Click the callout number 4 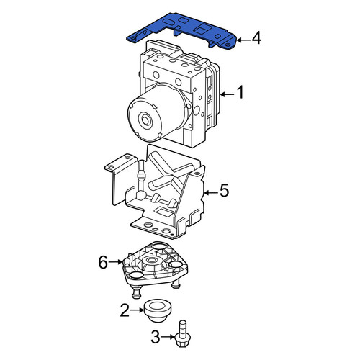click(256, 38)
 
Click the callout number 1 click(240, 92)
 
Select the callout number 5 click(225, 191)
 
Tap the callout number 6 click(103, 262)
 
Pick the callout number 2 click(125, 310)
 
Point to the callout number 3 click(156, 337)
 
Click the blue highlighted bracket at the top click(182, 30)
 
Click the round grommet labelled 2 click(157, 310)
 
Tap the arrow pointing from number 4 click(243, 40)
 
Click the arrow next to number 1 click(228, 94)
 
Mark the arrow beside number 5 click(211, 192)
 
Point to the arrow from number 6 click(116, 262)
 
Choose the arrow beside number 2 click(138, 310)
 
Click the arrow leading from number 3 click(168, 337)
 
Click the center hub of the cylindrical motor click(145, 120)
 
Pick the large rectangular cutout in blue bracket click(202, 30)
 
